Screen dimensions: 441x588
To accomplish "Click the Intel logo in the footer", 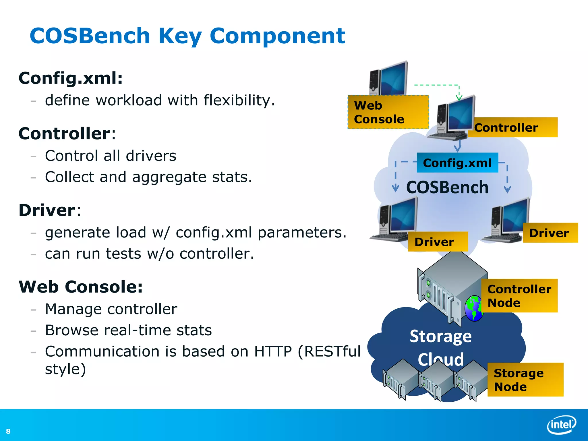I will click(561, 425).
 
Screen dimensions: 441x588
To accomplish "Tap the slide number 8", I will click(8, 431).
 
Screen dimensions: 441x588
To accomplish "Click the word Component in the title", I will click(277, 36).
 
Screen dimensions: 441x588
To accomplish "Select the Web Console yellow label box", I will click(388, 112).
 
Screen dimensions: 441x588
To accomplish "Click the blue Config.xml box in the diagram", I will click(457, 163).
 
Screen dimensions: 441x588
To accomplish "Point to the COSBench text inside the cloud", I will click(447, 187).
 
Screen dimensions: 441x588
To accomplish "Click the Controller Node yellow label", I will click(519, 296).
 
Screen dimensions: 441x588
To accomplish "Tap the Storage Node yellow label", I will click(525, 380).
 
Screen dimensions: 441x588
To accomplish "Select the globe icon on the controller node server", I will click(474, 309).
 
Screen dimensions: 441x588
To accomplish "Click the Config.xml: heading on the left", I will click(71, 78).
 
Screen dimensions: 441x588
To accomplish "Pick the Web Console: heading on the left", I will click(81, 287).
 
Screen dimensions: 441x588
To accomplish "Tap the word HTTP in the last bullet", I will click(273, 351).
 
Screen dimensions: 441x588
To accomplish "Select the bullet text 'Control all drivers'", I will click(111, 156).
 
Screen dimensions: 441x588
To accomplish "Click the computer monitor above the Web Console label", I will click(393, 78).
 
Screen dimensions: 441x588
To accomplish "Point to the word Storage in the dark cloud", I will click(440, 336).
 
